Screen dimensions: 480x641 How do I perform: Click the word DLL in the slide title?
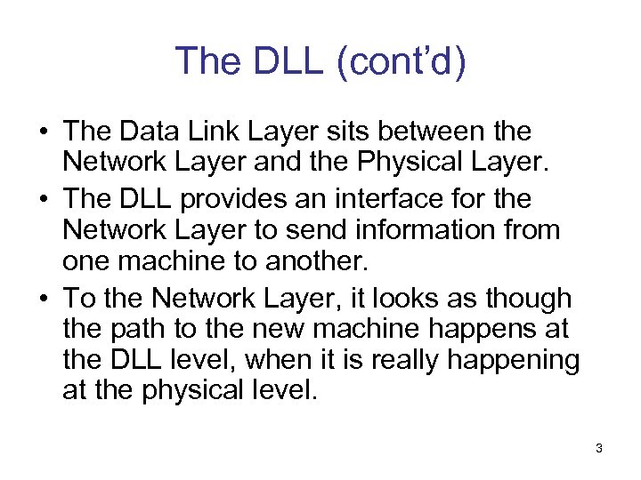coord(281,61)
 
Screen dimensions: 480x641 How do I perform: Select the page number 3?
coord(599,448)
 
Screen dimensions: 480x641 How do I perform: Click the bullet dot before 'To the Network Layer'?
coord(43,297)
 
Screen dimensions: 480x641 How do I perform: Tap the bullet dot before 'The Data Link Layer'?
coord(43,132)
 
